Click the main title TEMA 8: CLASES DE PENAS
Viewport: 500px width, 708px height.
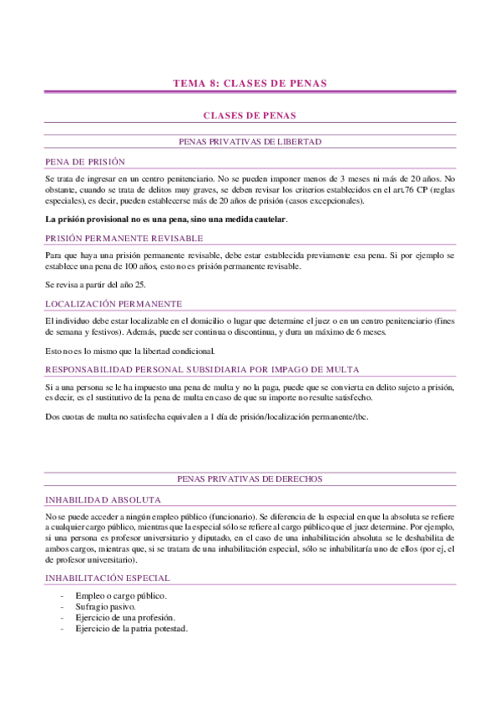point(250,83)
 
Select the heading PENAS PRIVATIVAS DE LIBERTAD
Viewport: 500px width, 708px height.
point(250,143)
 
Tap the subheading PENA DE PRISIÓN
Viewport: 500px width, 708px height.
point(84,162)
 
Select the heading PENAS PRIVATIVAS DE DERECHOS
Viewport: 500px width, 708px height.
point(250,479)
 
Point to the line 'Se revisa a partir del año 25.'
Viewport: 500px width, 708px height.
point(96,284)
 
